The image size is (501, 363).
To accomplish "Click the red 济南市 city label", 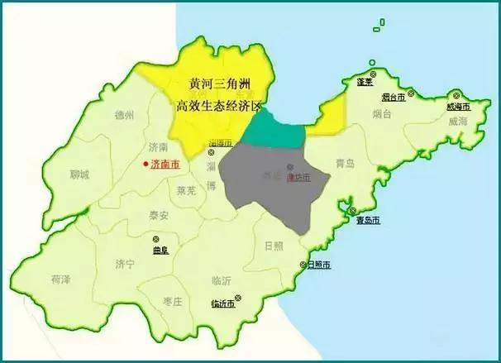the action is pyautogui.click(x=164, y=165).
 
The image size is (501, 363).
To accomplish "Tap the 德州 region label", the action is pyautogui.click(x=124, y=114).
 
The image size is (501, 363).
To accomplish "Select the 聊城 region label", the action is pyautogui.click(x=79, y=174).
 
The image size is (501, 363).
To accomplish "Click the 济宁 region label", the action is pyautogui.click(x=125, y=265).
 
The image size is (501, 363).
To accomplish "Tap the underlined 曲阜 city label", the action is pyautogui.click(x=160, y=250).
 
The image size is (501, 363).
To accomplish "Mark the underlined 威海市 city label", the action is pyautogui.click(x=457, y=107).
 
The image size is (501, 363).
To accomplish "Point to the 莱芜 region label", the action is pyautogui.click(x=187, y=190).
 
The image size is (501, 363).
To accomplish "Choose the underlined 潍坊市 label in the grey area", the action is pyautogui.click(x=298, y=178).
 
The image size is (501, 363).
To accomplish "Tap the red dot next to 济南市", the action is pyautogui.click(x=145, y=165).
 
